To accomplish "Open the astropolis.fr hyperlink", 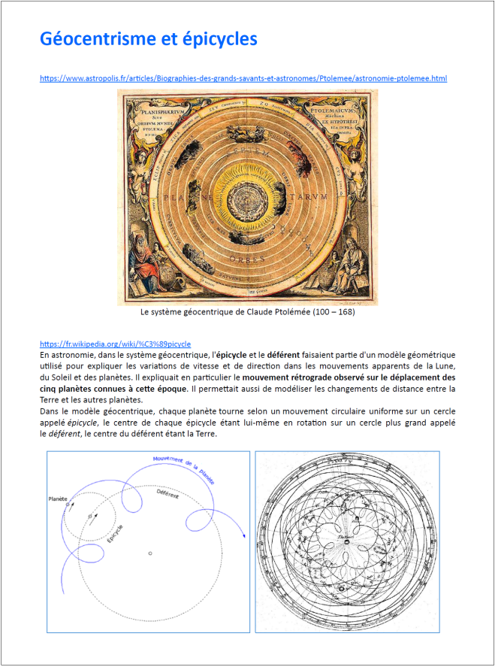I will (243, 78).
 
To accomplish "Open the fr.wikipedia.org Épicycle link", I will (115, 343).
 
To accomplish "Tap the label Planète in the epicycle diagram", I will (58, 499).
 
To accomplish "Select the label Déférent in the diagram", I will (168, 496).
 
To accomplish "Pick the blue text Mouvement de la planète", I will (183, 468).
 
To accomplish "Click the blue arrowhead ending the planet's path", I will (243, 535).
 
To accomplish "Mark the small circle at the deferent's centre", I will (150, 553).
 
